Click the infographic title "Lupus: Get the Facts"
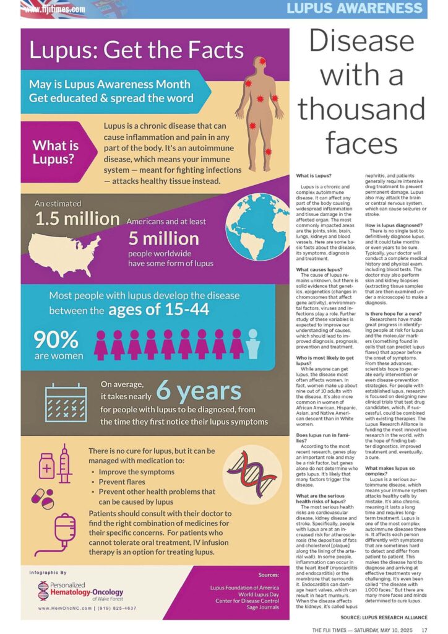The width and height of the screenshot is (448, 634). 137,50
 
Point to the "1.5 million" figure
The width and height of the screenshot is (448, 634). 77,219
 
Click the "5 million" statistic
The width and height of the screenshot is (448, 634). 164,239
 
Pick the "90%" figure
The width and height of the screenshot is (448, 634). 56,339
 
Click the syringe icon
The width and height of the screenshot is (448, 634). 64,463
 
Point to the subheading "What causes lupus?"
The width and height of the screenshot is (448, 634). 319,269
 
